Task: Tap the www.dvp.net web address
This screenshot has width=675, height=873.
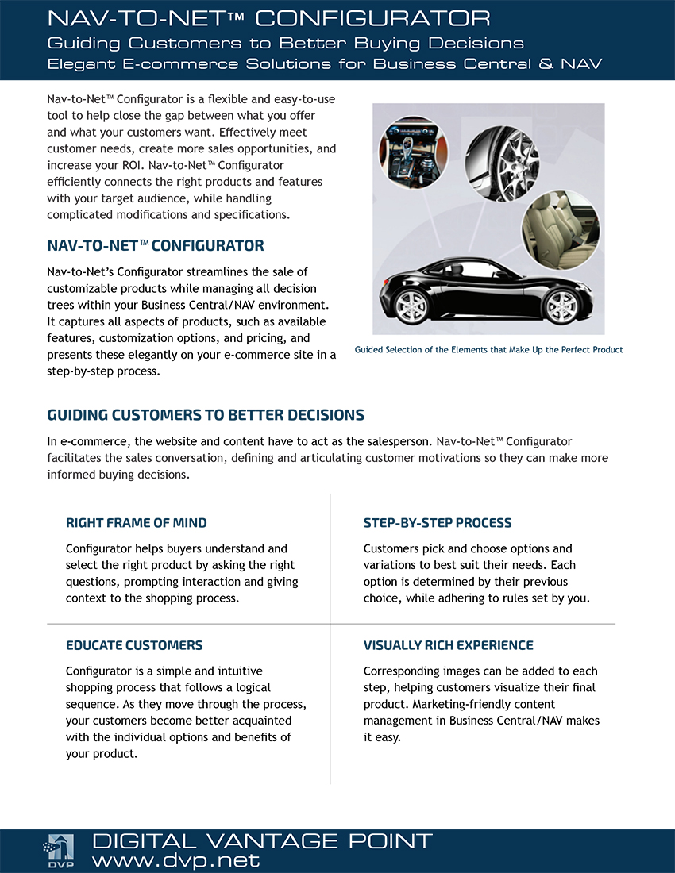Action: pos(175,860)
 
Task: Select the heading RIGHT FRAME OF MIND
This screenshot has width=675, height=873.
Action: pos(136,523)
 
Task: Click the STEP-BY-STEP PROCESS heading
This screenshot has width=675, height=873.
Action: pos(438,523)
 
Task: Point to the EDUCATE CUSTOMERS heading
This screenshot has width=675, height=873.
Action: pos(134,645)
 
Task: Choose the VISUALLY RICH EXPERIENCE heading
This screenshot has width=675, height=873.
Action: pos(449,645)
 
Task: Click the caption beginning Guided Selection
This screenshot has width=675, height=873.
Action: pos(488,350)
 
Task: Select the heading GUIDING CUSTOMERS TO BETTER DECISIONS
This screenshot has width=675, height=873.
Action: pos(206,415)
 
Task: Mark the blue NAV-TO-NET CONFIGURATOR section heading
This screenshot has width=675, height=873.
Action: pos(156,246)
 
